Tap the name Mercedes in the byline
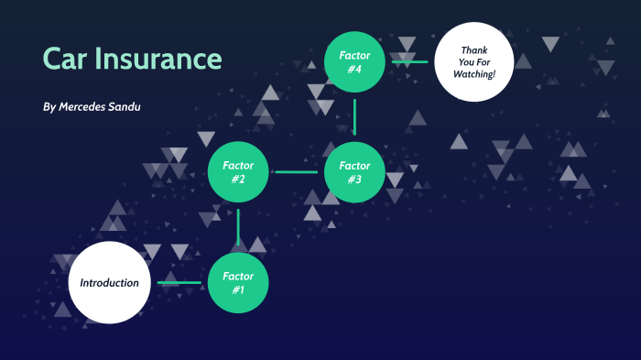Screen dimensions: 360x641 click(x=88, y=107)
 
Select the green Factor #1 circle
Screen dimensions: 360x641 click(x=238, y=282)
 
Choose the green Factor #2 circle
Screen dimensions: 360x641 click(x=238, y=172)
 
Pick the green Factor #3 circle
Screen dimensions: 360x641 click(x=354, y=172)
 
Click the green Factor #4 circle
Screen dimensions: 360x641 click(x=354, y=61)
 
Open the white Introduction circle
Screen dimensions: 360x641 click(x=109, y=282)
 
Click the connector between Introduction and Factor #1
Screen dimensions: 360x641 click(x=179, y=282)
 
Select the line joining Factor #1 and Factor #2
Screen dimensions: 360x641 click(x=238, y=227)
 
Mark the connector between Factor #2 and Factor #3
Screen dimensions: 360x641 click(x=296, y=172)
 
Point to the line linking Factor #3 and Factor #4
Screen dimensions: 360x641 click(x=354, y=117)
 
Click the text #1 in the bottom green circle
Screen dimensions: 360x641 click(x=238, y=289)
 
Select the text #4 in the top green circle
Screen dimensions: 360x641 click(x=354, y=69)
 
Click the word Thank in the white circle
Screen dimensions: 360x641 click(x=473, y=49)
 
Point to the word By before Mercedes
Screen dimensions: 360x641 click(x=49, y=107)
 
